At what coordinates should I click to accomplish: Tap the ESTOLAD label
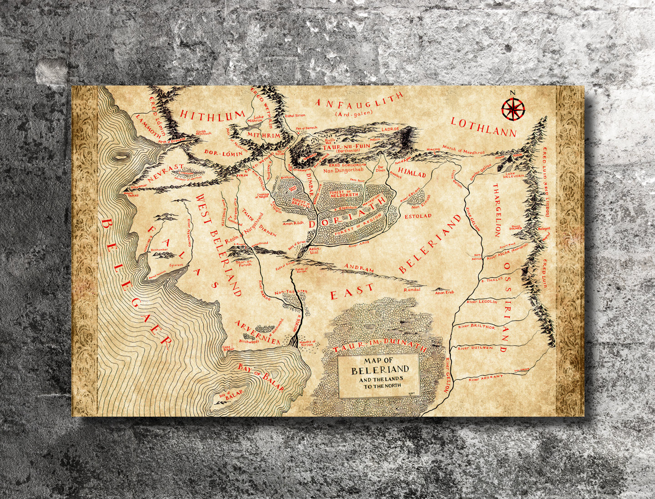click(x=418, y=216)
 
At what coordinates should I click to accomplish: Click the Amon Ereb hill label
click(x=444, y=292)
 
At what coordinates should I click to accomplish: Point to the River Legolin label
click(x=482, y=302)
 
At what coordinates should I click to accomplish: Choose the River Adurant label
click(x=486, y=378)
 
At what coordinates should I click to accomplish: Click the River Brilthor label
click(x=476, y=327)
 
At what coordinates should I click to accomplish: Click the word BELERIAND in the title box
click(x=380, y=369)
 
